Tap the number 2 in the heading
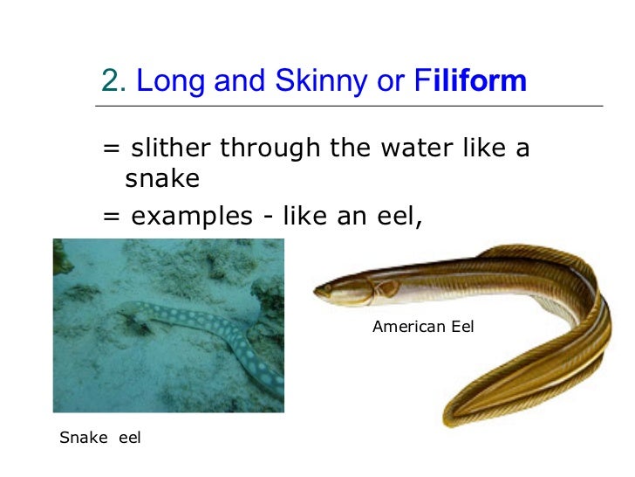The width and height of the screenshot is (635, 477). point(109,81)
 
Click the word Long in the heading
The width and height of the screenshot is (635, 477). point(165,81)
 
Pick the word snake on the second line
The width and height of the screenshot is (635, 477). point(162,179)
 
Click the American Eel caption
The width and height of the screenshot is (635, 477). point(423,328)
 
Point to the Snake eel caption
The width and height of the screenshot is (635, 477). point(100,438)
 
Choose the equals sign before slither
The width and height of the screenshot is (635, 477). point(111,149)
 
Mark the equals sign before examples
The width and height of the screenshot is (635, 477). point(111,215)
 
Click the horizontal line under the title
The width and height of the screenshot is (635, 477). point(349,106)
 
